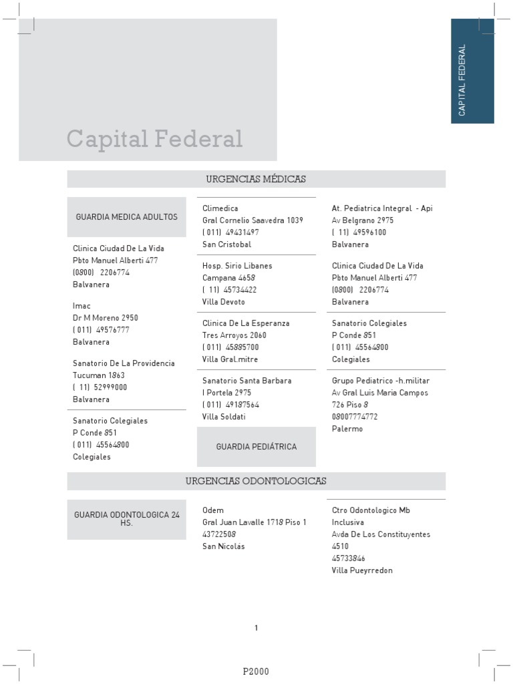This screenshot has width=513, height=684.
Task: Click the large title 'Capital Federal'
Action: (x=154, y=139)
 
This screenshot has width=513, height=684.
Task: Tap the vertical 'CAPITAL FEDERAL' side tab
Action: (x=472, y=71)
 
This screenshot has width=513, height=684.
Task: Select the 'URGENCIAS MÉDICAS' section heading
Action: (x=256, y=179)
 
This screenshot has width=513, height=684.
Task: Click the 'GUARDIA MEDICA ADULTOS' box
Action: (x=126, y=217)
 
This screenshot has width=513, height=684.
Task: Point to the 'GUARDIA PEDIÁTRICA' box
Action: (x=256, y=446)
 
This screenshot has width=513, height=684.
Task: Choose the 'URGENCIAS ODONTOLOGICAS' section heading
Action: (x=256, y=481)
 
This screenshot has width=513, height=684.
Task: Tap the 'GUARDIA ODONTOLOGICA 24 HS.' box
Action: (x=126, y=519)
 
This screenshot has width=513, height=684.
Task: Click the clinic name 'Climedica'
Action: (x=220, y=208)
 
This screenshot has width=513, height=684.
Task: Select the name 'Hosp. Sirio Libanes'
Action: (x=237, y=266)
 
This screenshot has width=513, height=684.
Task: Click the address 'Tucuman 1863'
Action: (x=99, y=375)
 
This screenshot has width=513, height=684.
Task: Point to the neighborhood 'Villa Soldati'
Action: (x=224, y=417)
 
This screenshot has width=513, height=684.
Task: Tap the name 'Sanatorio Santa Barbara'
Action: (x=247, y=381)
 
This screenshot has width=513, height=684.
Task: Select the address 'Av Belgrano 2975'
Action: (x=363, y=220)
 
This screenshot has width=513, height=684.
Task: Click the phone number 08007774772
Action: (x=355, y=417)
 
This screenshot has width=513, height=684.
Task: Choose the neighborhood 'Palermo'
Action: (x=347, y=429)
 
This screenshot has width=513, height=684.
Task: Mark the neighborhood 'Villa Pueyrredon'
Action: (x=362, y=570)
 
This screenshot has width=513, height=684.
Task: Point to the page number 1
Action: (x=256, y=628)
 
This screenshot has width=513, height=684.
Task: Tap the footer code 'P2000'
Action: (x=256, y=671)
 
